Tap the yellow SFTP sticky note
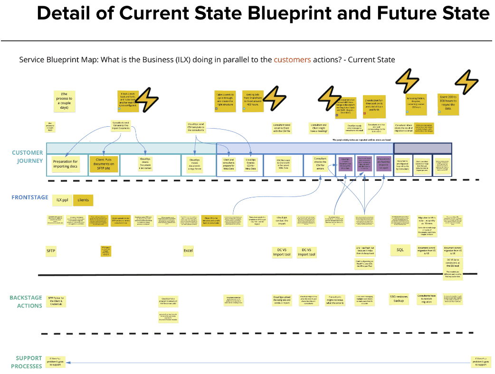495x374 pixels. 51,251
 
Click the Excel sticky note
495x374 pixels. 188,251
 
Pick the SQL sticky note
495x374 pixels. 400,250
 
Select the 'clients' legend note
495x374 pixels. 83,200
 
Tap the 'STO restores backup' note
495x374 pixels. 400,299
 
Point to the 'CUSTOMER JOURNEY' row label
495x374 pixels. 28,157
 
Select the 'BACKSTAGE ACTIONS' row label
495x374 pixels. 26,302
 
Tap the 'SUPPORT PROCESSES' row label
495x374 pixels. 27,362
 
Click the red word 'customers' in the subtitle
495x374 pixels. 292,60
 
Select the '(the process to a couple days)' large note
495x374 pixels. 65,101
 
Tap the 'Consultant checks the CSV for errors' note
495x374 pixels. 320,163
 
